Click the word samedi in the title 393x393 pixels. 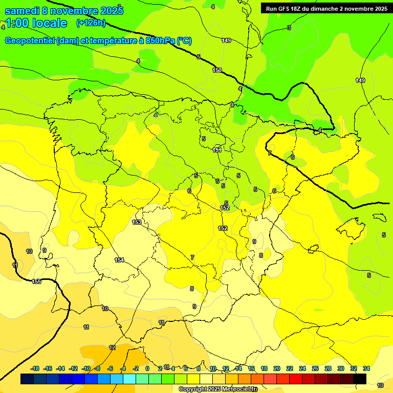click(23, 10)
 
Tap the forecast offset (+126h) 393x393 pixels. click(91, 23)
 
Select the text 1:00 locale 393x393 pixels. click(36, 23)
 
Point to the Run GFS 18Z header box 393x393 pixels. click(326, 8)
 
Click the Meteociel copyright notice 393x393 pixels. click(218, 389)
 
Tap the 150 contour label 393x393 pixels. click(217, 70)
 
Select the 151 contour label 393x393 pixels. click(217, 150)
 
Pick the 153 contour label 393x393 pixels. click(137, 222)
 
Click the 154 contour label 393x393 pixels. click(119, 260)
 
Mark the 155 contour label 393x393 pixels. click(37, 282)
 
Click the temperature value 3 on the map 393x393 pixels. click(289, 28)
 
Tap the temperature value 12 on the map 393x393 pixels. click(112, 347)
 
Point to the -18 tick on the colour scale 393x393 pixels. click(35, 368)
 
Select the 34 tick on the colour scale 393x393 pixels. click(366, 368)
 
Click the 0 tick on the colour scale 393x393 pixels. click(147, 368)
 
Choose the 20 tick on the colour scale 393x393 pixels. click(277, 368)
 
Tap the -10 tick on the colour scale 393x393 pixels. click(85, 368)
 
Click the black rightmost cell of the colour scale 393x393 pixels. click(360, 379)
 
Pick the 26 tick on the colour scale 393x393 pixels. click(315, 368)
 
